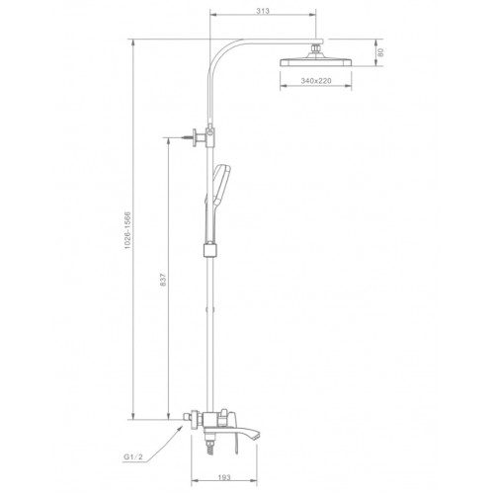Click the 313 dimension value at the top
[x=263, y=11]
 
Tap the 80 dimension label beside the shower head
[x=380, y=52]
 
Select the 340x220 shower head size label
[x=316, y=81]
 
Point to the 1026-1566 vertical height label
[x=127, y=230]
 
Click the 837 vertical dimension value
[x=163, y=280]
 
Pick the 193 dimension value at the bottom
[x=224, y=477]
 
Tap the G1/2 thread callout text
[x=133, y=456]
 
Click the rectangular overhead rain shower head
[x=316, y=62]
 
